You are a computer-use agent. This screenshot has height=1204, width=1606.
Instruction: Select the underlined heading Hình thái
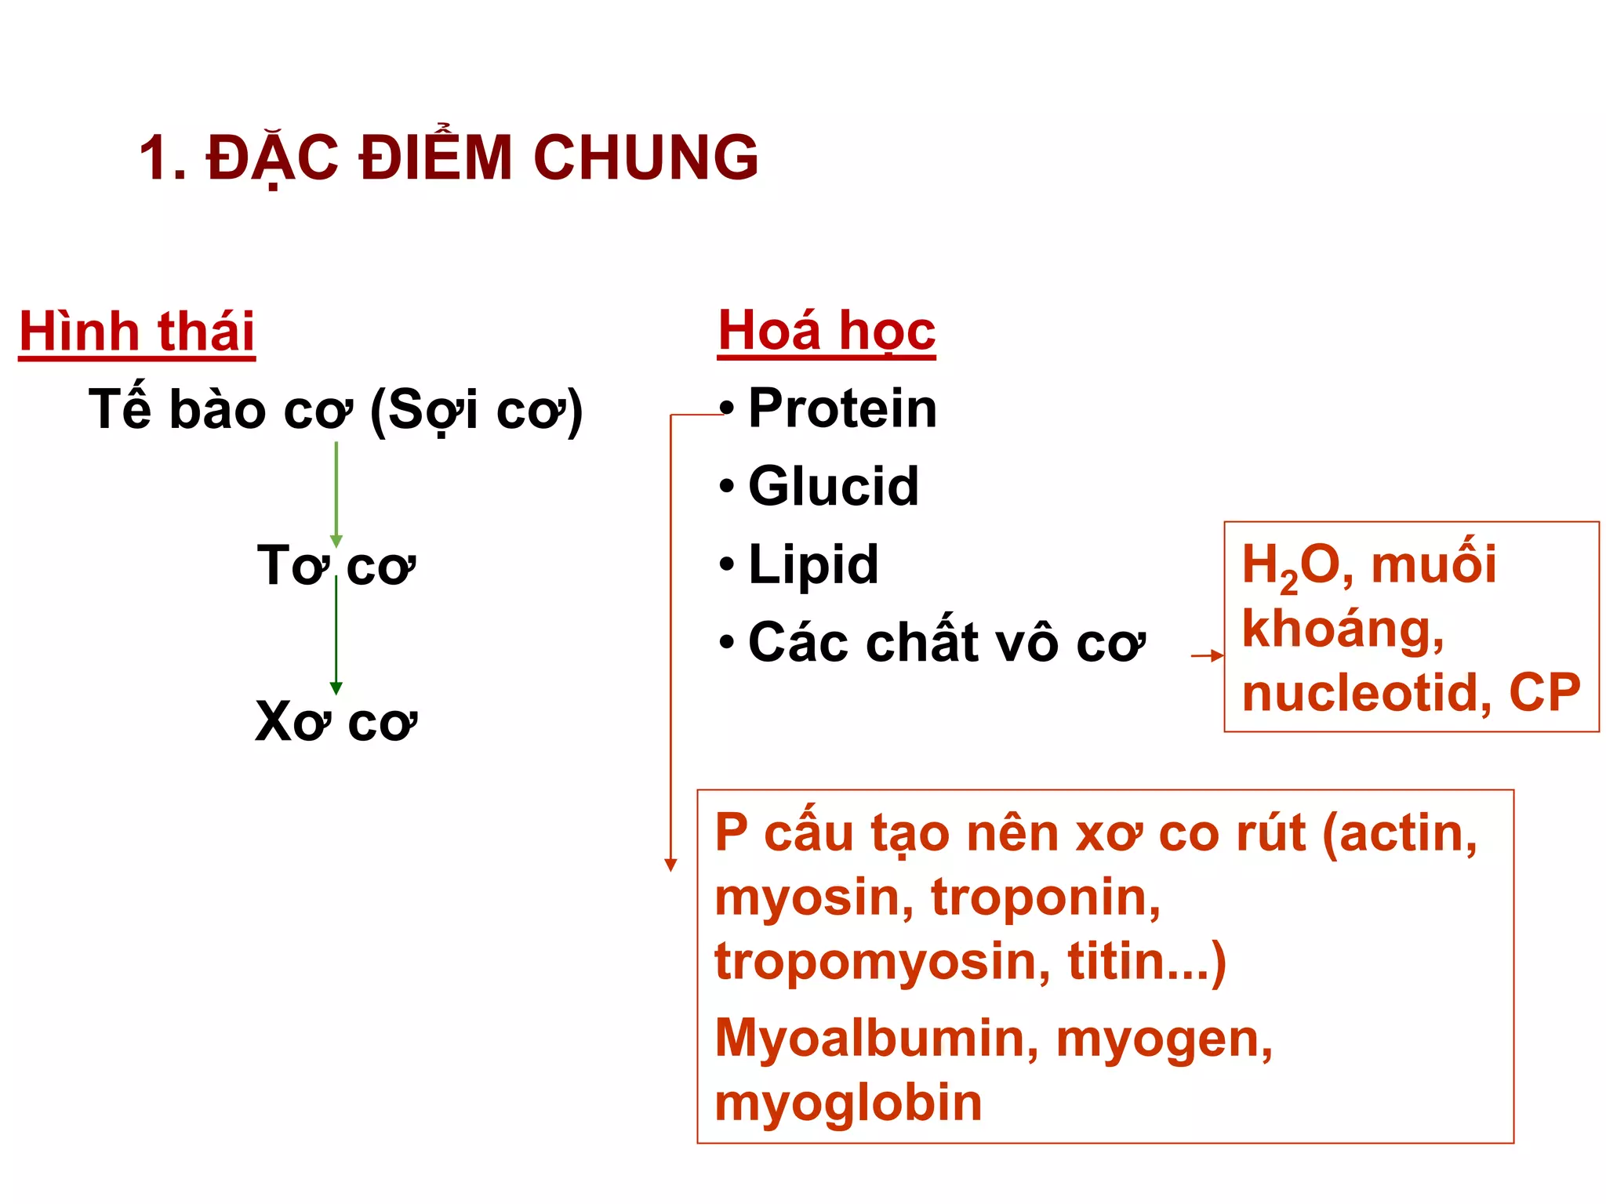click(137, 332)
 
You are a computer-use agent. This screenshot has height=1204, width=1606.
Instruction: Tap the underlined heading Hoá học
click(827, 330)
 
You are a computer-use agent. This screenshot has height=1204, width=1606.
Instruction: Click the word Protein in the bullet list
click(842, 408)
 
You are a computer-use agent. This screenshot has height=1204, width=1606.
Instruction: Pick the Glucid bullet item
click(833, 486)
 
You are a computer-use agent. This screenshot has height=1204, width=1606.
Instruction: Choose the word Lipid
click(813, 564)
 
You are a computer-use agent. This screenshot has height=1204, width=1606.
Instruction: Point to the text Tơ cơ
click(336, 565)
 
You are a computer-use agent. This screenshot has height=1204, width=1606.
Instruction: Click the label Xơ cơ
click(336, 721)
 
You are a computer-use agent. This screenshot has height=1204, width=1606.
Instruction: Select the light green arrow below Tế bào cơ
click(336, 494)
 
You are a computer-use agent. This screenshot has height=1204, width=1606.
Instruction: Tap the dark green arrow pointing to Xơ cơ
click(336, 635)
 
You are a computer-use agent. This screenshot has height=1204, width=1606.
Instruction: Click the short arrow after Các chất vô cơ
click(1206, 655)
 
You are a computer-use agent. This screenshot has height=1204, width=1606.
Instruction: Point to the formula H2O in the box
click(1290, 566)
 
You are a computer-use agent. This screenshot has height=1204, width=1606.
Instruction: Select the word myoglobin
click(848, 1103)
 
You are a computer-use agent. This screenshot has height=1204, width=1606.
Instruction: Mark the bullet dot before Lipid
click(727, 564)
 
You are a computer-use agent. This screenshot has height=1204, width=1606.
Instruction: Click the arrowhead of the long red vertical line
click(670, 865)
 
